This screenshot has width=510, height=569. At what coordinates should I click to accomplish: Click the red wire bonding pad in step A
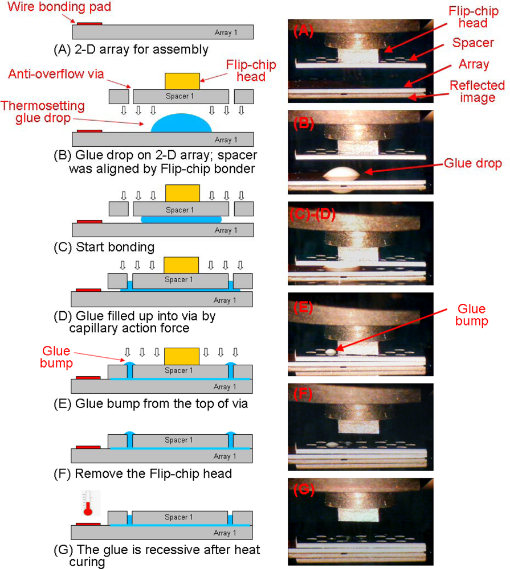89,23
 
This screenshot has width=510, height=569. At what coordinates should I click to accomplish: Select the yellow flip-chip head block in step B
182,81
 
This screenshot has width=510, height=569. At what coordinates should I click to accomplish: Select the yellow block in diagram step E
181,357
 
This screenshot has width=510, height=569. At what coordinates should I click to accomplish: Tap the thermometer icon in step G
88,502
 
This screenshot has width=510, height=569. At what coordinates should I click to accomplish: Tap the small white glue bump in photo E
331,353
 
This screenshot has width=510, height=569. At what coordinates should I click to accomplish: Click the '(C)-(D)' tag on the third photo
313,215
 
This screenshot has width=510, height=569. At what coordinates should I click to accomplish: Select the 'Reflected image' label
477,91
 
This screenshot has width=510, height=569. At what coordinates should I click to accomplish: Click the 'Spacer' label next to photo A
472,43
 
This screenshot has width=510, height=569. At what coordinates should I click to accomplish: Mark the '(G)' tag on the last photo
304,488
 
